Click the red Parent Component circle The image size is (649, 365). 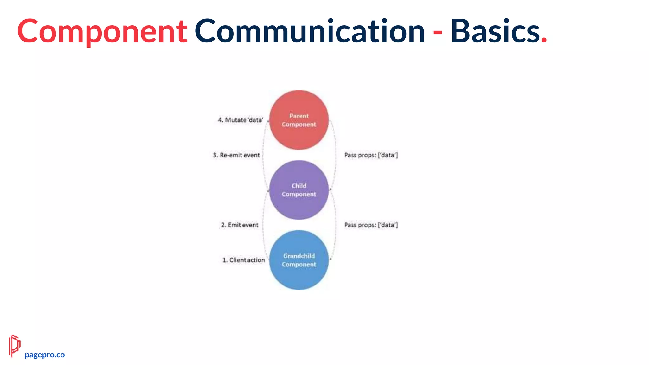[x=299, y=120]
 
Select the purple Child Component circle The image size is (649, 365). [x=299, y=190]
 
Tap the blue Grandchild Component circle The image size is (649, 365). [x=299, y=260]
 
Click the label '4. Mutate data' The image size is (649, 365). [x=241, y=120]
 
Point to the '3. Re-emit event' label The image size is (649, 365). [x=236, y=155]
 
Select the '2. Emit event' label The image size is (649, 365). [x=240, y=225]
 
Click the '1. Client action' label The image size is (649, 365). [x=244, y=260]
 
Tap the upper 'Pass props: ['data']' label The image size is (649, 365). [x=371, y=155]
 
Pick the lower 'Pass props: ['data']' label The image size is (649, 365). [x=371, y=225]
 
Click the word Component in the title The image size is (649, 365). [x=102, y=31]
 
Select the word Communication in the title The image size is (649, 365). [x=310, y=31]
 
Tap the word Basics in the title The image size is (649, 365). [x=495, y=31]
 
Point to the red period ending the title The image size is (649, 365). [x=544, y=40]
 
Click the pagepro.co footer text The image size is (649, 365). [x=45, y=355]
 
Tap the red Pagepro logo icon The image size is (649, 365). [x=14, y=346]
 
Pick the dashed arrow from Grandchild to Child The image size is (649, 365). [x=263, y=225]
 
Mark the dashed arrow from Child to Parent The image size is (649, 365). [x=263, y=155]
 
